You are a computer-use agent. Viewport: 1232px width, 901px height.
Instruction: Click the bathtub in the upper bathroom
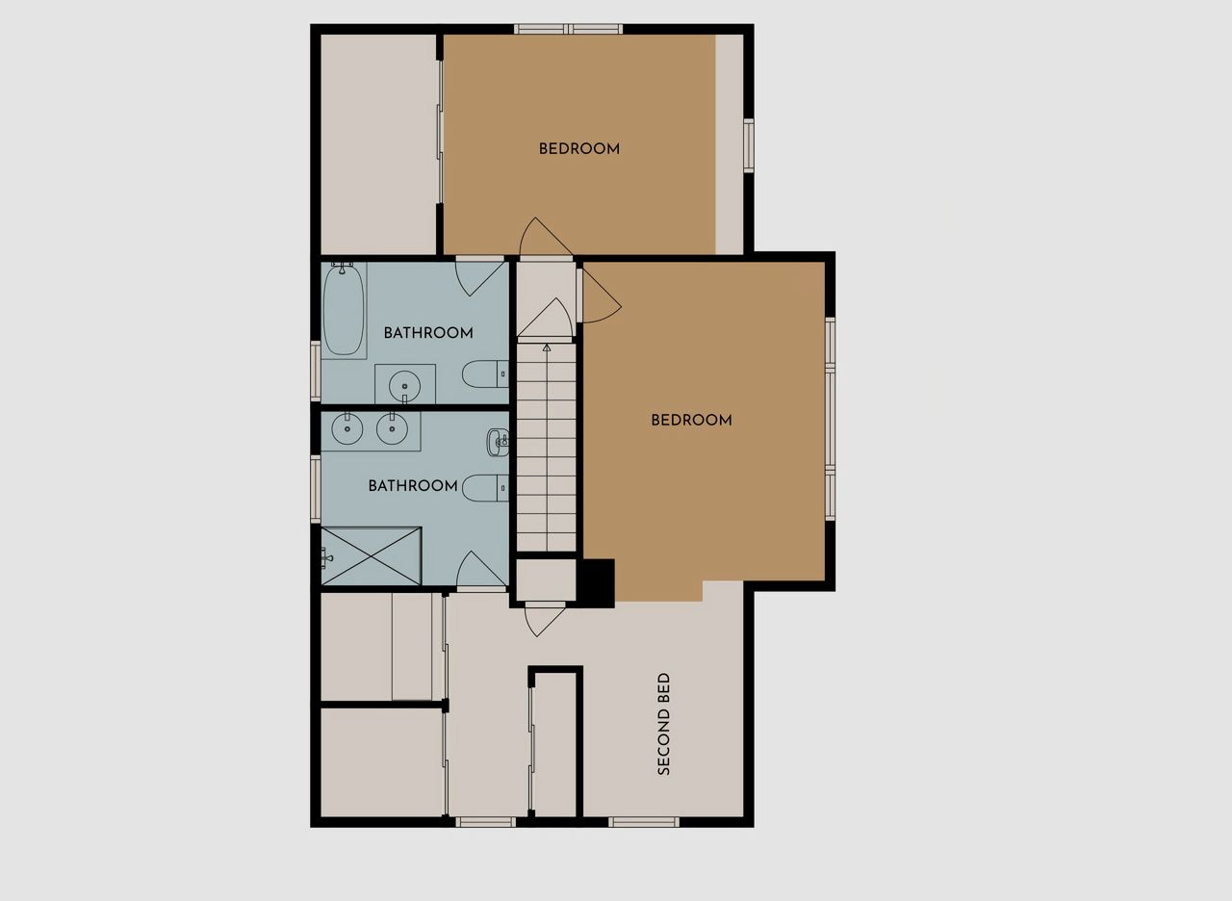[x=344, y=310]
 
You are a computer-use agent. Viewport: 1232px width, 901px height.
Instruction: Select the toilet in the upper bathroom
[x=485, y=374]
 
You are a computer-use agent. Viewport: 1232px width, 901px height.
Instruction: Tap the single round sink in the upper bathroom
[x=405, y=386]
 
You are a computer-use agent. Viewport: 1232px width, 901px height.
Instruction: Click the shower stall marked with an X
[x=372, y=555]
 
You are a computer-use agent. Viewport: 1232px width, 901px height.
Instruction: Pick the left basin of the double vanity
[x=347, y=428]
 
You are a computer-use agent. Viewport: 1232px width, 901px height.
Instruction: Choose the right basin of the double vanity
[x=392, y=428]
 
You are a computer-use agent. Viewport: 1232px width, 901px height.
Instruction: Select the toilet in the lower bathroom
[x=485, y=488]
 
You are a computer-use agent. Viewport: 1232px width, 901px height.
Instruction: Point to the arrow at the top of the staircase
[x=546, y=348]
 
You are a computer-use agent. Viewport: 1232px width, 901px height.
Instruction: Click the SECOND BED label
[x=664, y=724]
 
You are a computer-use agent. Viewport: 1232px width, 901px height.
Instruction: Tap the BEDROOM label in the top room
[x=579, y=148]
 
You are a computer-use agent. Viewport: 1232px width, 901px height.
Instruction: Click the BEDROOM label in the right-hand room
[x=691, y=421]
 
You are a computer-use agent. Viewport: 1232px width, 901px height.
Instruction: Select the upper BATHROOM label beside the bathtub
[x=428, y=333]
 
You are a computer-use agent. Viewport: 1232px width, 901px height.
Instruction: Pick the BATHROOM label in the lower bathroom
[x=413, y=486]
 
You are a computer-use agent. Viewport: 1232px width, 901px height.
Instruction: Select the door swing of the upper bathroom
[x=480, y=278]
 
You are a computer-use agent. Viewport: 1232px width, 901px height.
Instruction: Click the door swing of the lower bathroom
[x=480, y=568]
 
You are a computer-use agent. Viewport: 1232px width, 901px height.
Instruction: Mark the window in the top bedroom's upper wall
[x=569, y=29]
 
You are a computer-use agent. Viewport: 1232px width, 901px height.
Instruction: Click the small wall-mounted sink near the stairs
[x=498, y=442]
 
